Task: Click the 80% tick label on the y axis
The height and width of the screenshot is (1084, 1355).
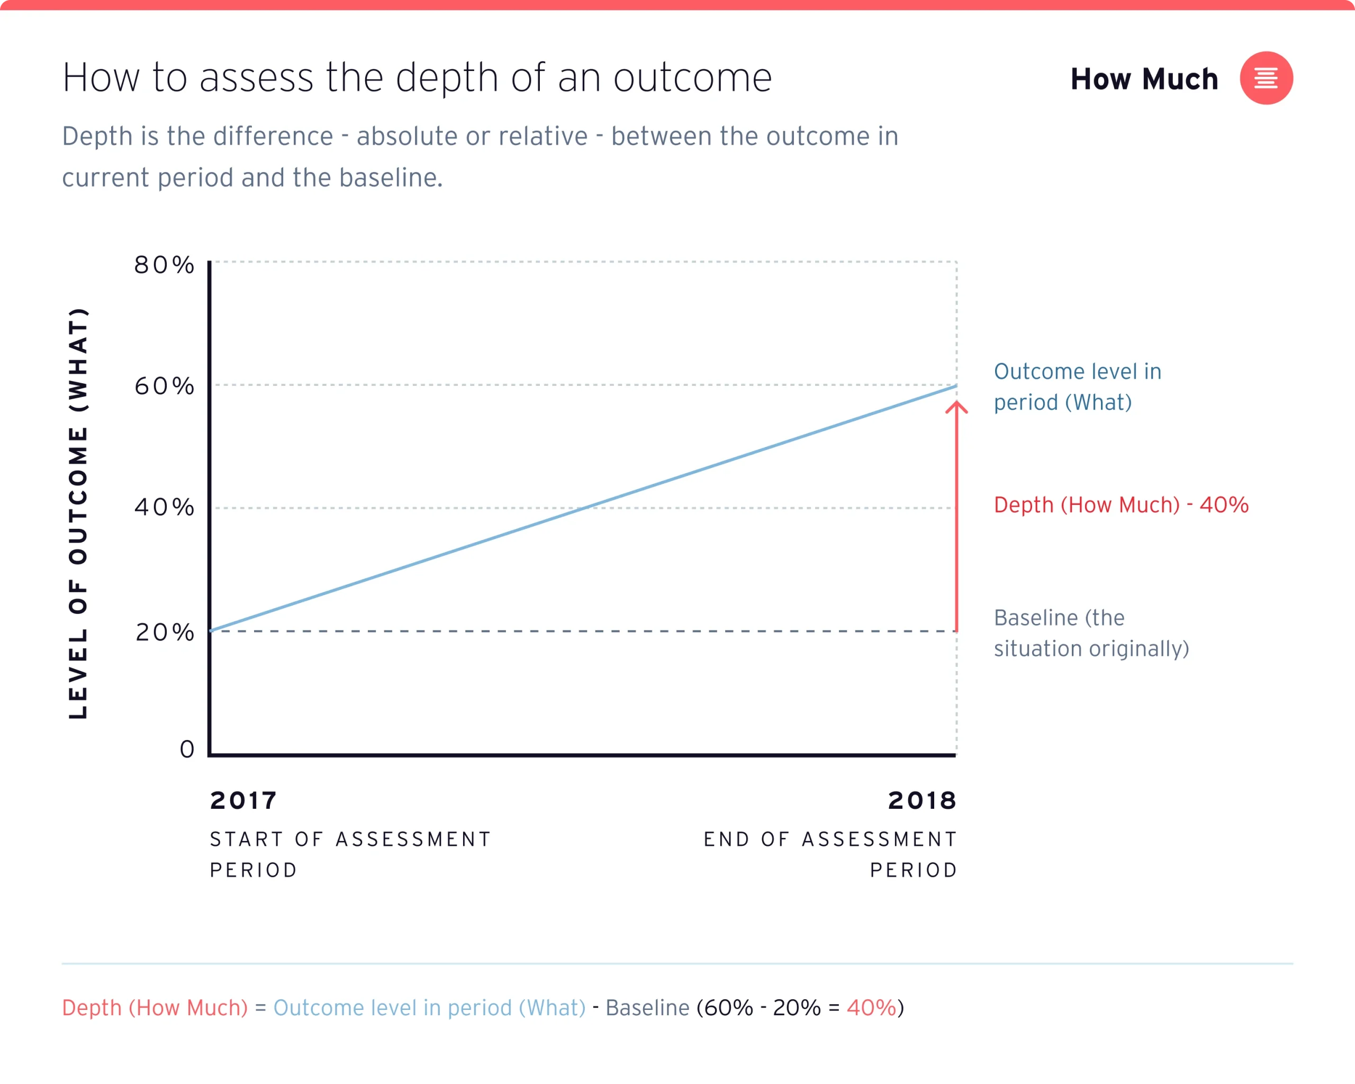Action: point(164,265)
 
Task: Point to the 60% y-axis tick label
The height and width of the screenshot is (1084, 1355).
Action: point(164,386)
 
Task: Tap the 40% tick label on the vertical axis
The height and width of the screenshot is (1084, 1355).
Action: point(164,507)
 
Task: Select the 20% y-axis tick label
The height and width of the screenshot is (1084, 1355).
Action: point(165,632)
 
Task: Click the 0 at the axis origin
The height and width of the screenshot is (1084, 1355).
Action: point(187,749)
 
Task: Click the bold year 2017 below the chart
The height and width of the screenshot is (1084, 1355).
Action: point(243,801)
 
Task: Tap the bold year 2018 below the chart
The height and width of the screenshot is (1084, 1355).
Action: point(922,801)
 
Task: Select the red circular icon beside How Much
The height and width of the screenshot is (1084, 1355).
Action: point(1266,78)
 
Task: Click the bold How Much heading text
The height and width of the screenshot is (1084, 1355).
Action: point(1144,79)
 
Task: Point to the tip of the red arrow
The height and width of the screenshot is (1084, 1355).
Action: point(956,403)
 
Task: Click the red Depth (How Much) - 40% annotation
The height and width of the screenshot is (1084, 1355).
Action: point(1121,504)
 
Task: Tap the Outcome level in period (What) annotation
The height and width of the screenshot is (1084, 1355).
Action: point(1077,386)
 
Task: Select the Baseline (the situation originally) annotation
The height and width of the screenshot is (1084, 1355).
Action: point(1091,633)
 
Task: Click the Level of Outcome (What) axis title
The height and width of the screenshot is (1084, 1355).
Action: point(78,513)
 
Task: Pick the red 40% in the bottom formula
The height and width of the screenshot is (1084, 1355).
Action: point(871,1007)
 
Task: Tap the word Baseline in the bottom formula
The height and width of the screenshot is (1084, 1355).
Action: point(647,1007)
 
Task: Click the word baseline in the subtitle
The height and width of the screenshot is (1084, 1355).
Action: point(390,178)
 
